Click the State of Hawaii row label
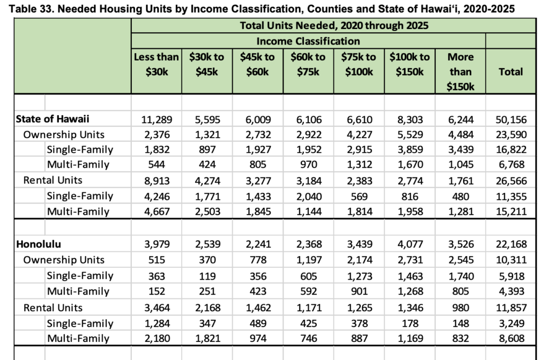pyautogui.click(x=52, y=119)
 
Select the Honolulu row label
pyautogui.click(x=38, y=244)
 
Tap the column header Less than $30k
pyautogui.click(x=156, y=64)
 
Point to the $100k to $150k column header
pyautogui.click(x=410, y=64)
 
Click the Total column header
pyautogui.click(x=510, y=71)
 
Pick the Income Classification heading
pyautogui.click(x=308, y=41)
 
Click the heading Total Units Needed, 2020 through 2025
pyautogui.click(x=333, y=25)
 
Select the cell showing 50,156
pyautogui.click(x=510, y=119)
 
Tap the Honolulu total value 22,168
pyautogui.click(x=510, y=244)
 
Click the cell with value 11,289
pyautogui.click(x=156, y=119)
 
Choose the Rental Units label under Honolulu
pyautogui.click(x=53, y=307)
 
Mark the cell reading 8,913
pyautogui.click(x=156, y=181)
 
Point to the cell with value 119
pyautogui.click(x=206, y=276)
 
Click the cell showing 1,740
pyautogui.click(x=460, y=276)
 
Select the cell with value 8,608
pyautogui.click(x=510, y=339)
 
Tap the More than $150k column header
pyautogui.click(x=460, y=71)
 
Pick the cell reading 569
pyautogui.click(x=359, y=196)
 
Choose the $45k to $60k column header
pyautogui.click(x=257, y=64)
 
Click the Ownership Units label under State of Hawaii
pyautogui.click(x=64, y=134)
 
